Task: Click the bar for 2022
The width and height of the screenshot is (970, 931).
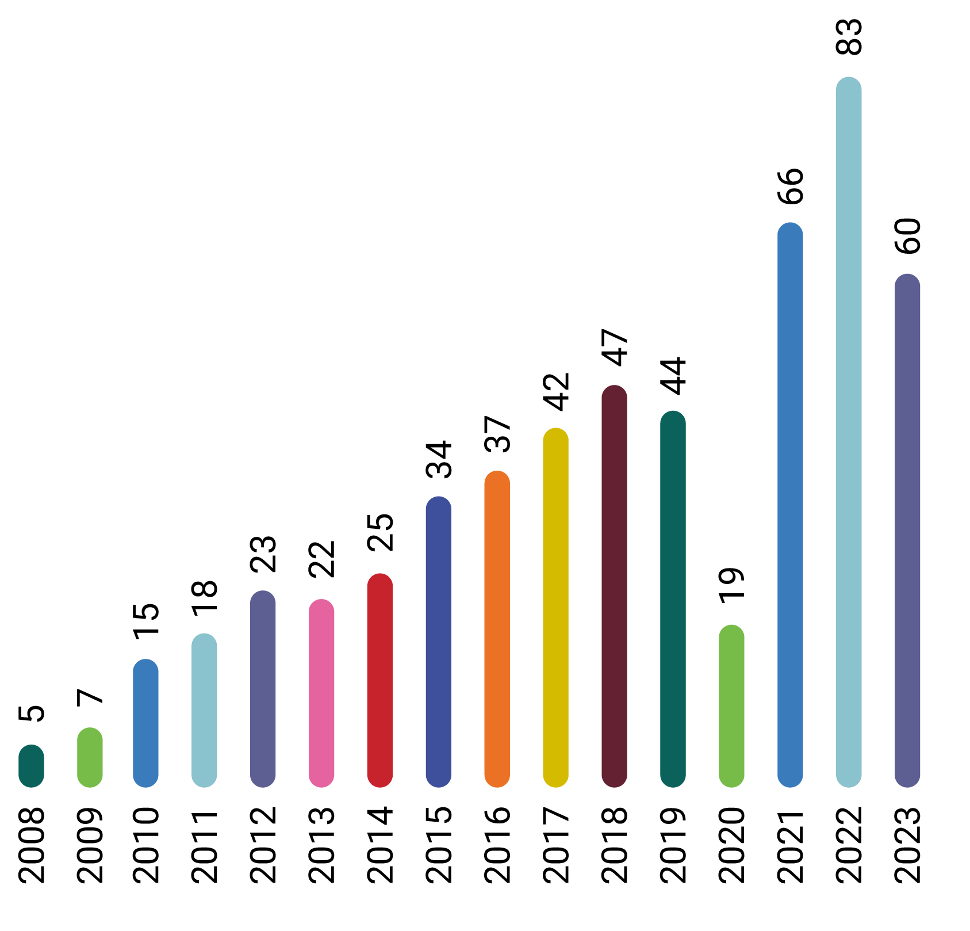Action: [x=848, y=432]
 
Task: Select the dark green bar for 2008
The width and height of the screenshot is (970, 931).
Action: [x=31, y=766]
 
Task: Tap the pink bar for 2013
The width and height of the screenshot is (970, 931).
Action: [x=321, y=693]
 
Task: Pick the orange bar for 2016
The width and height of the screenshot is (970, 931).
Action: [x=497, y=629]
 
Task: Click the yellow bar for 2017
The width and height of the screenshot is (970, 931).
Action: [x=555, y=608]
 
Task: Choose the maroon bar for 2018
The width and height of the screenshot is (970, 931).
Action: [x=614, y=586]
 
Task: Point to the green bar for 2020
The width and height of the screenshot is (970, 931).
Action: [x=731, y=706]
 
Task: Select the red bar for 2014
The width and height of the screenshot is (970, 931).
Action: [x=379, y=680]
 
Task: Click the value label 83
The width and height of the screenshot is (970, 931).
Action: [x=849, y=37]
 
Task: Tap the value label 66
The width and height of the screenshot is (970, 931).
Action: [x=791, y=186]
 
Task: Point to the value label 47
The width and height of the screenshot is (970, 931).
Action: [x=615, y=348]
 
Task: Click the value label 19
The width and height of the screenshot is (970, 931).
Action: [x=732, y=585]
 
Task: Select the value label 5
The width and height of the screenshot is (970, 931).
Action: [x=32, y=713]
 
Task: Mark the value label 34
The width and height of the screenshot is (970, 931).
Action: [x=439, y=459]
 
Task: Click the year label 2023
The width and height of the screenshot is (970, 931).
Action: [x=908, y=845]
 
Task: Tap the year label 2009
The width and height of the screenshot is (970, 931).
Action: [x=90, y=845]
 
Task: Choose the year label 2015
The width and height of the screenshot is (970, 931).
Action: [x=439, y=845]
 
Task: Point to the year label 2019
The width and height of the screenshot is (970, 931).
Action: [x=673, y=845]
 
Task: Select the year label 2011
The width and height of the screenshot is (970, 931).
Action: [x=205, y=845]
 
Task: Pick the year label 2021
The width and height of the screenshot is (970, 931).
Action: [x=791, y=845]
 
